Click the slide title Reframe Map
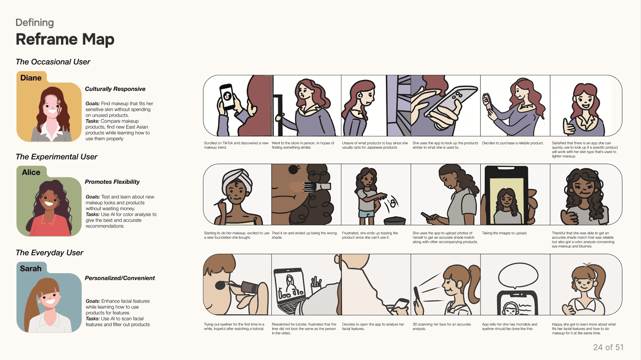pos(65,39)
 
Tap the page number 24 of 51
pos(608,347)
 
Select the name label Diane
pos(31,78)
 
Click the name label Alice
pos(31,172)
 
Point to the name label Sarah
pos(31,269)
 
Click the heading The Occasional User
pos(53,62)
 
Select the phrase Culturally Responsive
pos(115,89)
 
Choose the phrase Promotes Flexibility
pos(112,182)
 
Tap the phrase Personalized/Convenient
pos(120,278)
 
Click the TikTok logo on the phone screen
pos(227,96)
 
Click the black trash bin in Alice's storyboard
pos(395,221)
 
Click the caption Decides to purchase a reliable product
pos(513,143)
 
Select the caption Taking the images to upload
pos(505,233)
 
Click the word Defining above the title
pos(34,22)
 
